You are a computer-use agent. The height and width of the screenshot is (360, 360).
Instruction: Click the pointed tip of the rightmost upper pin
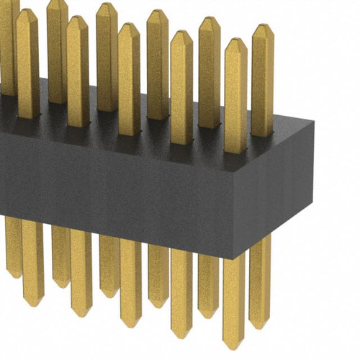(x=262, y=27)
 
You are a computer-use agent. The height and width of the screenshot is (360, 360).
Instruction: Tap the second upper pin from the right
(x=235, y=94)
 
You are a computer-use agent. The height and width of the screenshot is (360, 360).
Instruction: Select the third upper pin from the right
(x=210, y=72)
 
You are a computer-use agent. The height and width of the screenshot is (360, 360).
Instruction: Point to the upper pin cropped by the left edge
(x=6, y=43)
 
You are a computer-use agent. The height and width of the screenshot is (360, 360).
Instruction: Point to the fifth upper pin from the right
(x=157, y=65)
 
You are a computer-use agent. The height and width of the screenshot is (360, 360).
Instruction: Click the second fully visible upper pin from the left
(x=57, y=50)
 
